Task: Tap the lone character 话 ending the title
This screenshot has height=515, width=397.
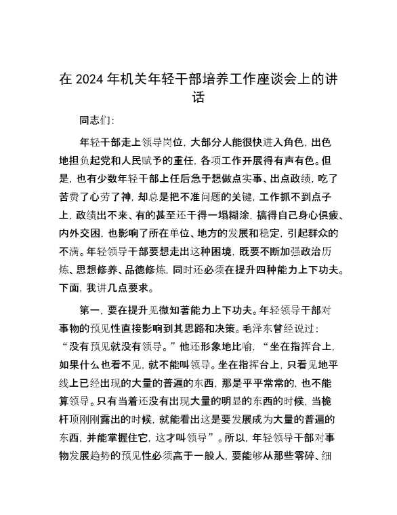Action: point(198,99)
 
